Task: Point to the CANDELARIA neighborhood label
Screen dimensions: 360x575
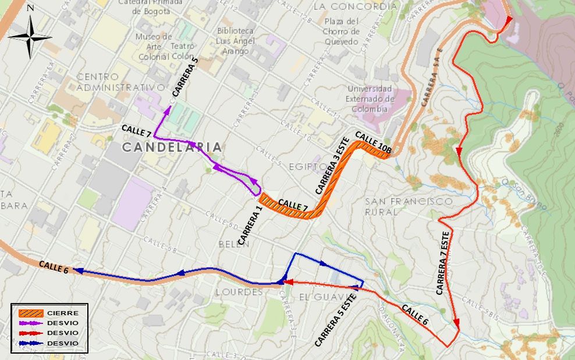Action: [x=172, y=148]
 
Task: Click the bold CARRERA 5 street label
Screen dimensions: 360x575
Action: [x=185, y=77]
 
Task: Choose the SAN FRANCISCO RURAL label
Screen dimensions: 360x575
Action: [x=409, y=207]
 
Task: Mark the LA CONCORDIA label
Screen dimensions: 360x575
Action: [x=355, y=6]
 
